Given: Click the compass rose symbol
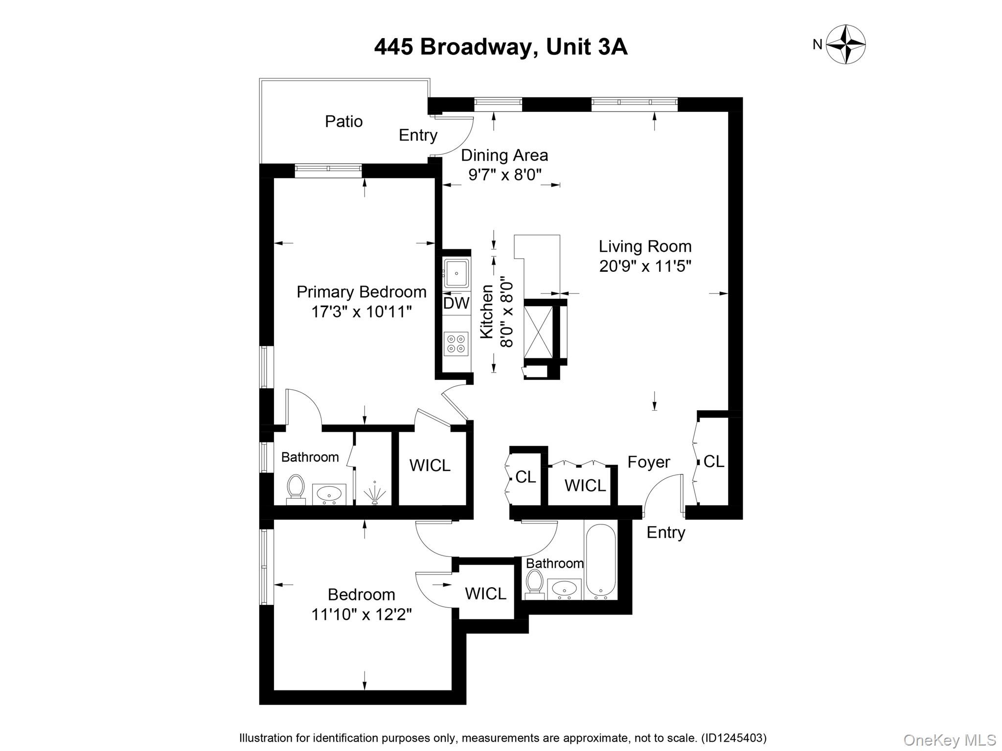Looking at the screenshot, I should coord(845,44).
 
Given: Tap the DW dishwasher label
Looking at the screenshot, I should coord(456,303).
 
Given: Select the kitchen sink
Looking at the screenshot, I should coord(456,272).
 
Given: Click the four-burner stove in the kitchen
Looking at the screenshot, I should coord(456,343).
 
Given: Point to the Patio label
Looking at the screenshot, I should coord(343,121).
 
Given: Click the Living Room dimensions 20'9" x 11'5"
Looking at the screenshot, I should coord(645,266).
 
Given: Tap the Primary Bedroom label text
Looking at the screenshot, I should coord(361,292).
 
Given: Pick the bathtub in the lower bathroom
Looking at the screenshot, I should coord(600,562).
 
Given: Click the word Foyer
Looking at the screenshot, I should coord(648,462).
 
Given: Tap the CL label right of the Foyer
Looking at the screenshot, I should coord(713,461).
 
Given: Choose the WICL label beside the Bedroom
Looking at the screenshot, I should coord(485,594).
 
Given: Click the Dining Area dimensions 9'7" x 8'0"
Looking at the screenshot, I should coord(505,175).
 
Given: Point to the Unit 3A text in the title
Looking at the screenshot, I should coord(586,47).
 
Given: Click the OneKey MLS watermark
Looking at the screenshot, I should coord(949,740).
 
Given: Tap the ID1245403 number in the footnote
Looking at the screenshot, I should coord(733,738).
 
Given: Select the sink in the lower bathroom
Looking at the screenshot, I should coord(564,588).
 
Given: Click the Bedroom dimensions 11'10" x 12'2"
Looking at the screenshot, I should coord(361,614).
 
